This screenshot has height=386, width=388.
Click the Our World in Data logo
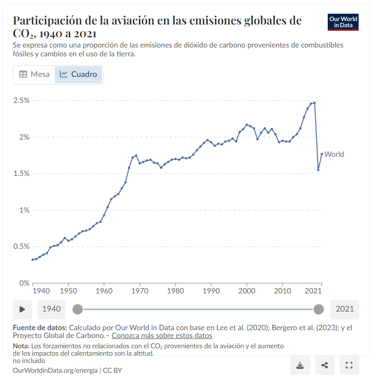point(343,22)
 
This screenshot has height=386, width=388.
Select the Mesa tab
point(34,74)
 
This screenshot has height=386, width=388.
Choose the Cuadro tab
point(78,74)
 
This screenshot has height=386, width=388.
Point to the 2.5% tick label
point(22,100)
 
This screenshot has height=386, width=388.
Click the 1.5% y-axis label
point(22,173)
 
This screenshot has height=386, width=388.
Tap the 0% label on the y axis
point(24,283)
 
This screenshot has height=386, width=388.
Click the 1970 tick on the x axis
point(140,291)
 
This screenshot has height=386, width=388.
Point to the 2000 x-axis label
point(247,291)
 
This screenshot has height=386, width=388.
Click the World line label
point(334,154)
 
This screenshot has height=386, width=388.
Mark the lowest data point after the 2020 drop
point(318,170)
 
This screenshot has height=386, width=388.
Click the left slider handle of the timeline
point(77,309)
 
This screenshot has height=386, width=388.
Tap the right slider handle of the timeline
point(318,309)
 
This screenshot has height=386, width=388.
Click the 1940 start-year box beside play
point(51,309)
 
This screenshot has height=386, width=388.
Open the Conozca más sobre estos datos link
point(162,336)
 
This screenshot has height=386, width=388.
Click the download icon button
point(300,365)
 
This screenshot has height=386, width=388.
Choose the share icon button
point(324,365)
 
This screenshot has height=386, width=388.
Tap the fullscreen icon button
point(349,365)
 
